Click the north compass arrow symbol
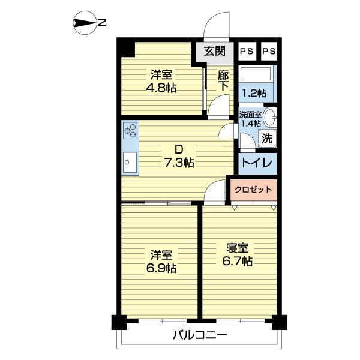click(84, 23)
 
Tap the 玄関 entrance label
click(214, 51)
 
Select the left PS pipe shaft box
click(247, 51)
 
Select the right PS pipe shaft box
click(269, 51)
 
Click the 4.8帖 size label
click(161, 88)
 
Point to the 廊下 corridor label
click(223, 80)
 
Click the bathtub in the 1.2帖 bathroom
click(255, 73)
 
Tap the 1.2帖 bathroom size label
click(254, 93)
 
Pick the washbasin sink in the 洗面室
click(270, 118)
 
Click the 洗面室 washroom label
click(250, 115)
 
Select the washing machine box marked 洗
click(268, 138)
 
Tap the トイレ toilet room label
click(257, 163)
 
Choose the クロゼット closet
click(253, 190)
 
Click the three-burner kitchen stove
click(130, 130)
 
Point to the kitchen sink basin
click(130, 163)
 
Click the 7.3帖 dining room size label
click(179, 163)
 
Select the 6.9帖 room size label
click(161, 268)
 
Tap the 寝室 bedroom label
click(238, 248)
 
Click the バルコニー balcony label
click(200, 335)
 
